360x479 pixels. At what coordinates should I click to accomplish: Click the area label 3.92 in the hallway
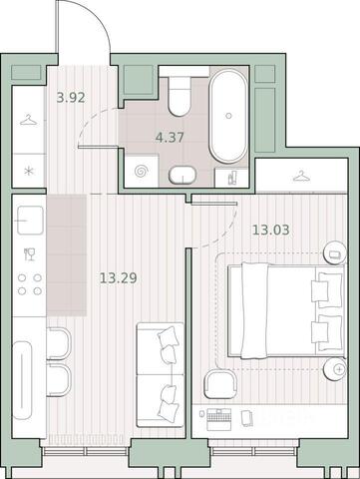click(x=71, y=98)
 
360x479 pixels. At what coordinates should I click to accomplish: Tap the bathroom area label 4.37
click(x=170, y=137)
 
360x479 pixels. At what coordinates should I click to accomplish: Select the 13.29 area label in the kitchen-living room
click(x=119, y=277)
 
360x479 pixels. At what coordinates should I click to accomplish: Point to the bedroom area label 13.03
click(x=271, y=230)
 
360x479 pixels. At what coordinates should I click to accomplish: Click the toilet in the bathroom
click(x=180, y=96)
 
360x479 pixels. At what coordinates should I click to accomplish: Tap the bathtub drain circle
click(x=228, y=116)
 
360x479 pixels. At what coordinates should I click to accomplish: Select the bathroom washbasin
click(x=182, y=175)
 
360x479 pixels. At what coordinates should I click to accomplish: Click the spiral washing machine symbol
click(x=141, y=172)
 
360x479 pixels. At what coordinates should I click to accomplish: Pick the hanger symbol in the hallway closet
click(x=28, y=120)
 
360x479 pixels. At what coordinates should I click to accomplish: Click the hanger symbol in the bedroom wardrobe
click(x=301, y=176)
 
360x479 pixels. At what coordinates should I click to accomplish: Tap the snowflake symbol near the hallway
click(x=29, y=172)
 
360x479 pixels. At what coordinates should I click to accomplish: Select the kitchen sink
click(x=30, y=221)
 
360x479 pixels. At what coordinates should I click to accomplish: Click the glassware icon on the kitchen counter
click(x=29, y=254)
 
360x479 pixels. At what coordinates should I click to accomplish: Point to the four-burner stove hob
click(x=30, y=284)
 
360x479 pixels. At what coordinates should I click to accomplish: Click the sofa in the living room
click(x=161, y=375)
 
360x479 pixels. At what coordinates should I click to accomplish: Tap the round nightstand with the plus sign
click(x=335, y=369)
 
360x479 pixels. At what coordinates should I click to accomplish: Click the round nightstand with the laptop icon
click(x=335, y=253)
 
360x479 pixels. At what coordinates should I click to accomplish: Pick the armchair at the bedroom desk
click(x=220, y=384)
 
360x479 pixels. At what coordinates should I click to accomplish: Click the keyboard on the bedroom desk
click(x=218, y=416)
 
